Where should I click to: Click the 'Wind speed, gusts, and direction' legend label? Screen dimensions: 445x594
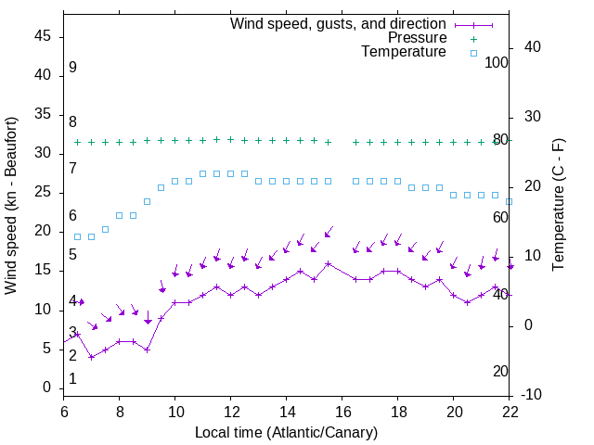(x=338, y=23)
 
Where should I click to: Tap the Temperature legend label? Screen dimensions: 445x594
(x=404, y=52)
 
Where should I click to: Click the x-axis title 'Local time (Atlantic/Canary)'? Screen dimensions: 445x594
(x=287, y=432)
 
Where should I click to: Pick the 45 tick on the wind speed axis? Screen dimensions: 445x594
(x=44, y=36)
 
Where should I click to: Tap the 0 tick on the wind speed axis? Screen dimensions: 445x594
(x=47, y=388)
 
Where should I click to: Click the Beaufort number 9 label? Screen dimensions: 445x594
(x=72, y=68)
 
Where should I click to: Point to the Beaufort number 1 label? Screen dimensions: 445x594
(x=72, y=379)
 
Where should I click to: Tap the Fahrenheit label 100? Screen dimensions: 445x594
(x=497, y=62)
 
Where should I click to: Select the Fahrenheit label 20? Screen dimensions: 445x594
(x=501, y=371)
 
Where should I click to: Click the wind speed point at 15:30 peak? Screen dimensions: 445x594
(x=329, y=263)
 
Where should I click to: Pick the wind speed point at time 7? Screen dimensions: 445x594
(x=91, y=357)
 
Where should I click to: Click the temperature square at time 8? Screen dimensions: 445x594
(x=119, y=215)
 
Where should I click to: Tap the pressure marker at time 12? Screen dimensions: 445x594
(x=230, y=139)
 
